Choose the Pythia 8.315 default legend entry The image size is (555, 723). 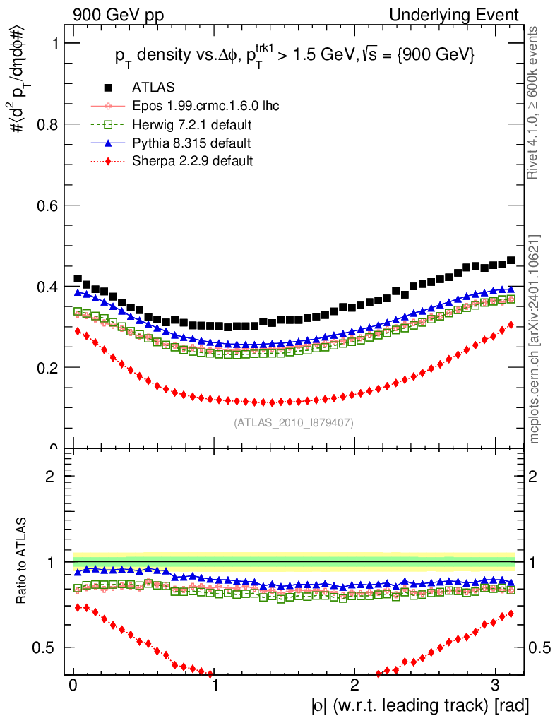(x=191, y=143)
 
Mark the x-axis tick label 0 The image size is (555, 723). (x=73, y=686)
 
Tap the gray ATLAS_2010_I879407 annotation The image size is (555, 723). (x=294, y=423)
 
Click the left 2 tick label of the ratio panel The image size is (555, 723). (x=50, y=476)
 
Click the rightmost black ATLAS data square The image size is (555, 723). (x=511, y=261)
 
